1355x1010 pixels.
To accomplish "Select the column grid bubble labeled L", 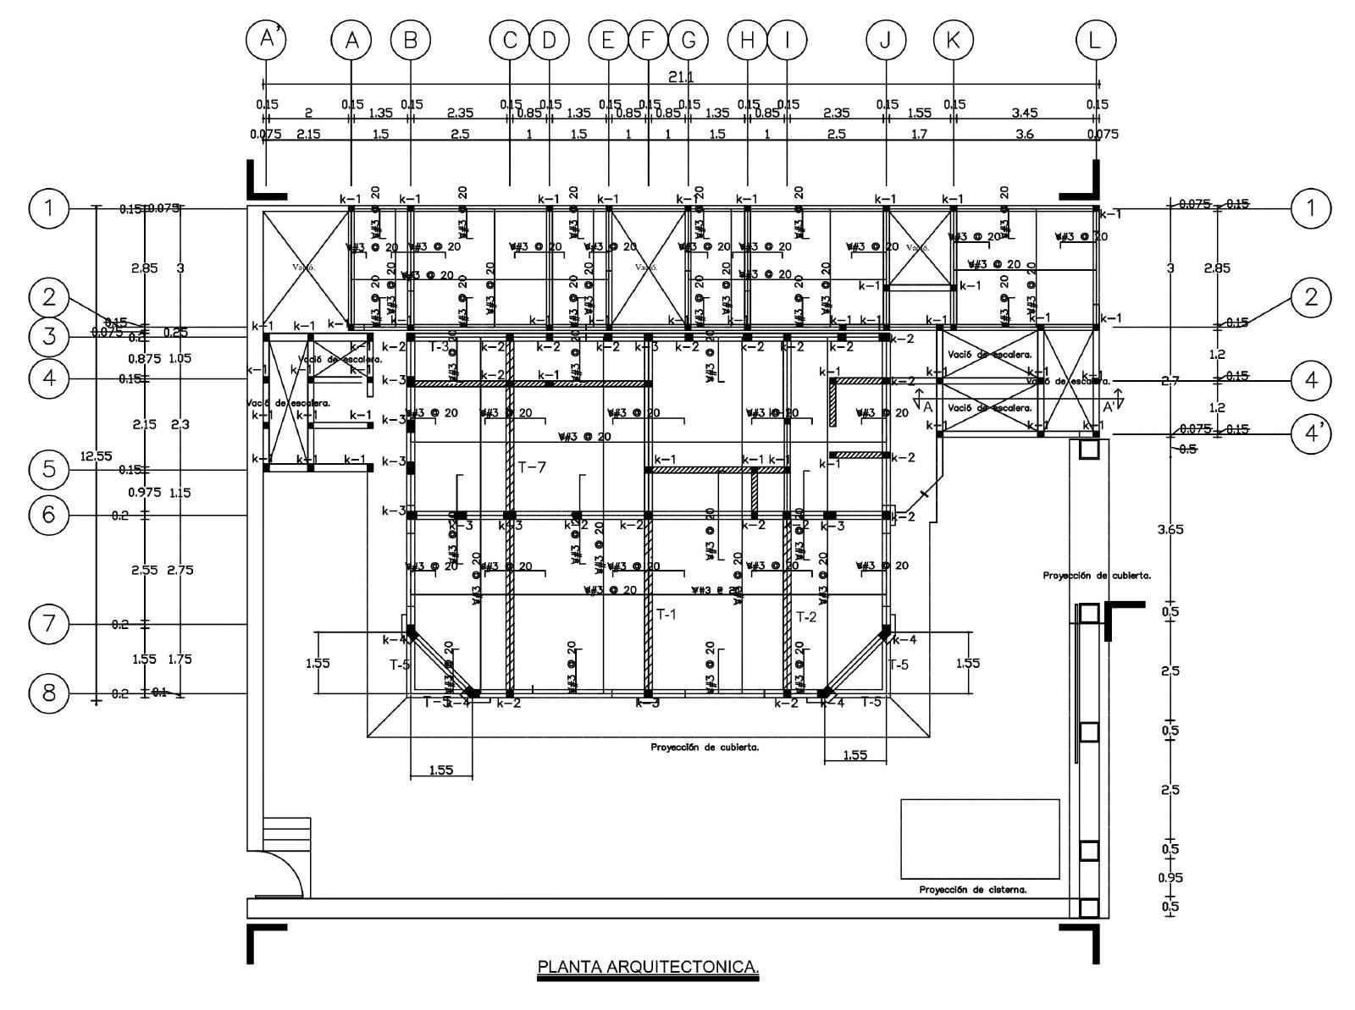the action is [x=1096, y=40].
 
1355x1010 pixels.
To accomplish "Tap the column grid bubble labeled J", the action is [x=886, y=40].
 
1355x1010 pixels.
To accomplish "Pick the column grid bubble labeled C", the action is [x=510, y=40].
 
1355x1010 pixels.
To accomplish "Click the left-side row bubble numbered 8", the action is [x=49, y=693].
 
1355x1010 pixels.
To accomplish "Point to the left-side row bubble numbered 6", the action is [x=49, y=514].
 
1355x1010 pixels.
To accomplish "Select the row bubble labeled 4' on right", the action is [x=1312, y=433].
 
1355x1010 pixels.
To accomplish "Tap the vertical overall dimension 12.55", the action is [x=96, y=456].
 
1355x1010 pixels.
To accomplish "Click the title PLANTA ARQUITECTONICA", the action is [x=648, y=966].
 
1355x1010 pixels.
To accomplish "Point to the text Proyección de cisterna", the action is [x=973, y=890].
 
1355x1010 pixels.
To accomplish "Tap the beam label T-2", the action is [x=806, y=616].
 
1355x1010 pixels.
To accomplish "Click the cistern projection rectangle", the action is [x=980, y=838].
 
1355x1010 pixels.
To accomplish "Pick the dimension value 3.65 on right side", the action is [x=1170, y=530].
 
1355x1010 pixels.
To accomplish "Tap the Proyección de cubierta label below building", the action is [x=705, y=748].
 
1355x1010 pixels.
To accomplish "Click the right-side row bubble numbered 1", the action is [x=1312, y=207].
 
